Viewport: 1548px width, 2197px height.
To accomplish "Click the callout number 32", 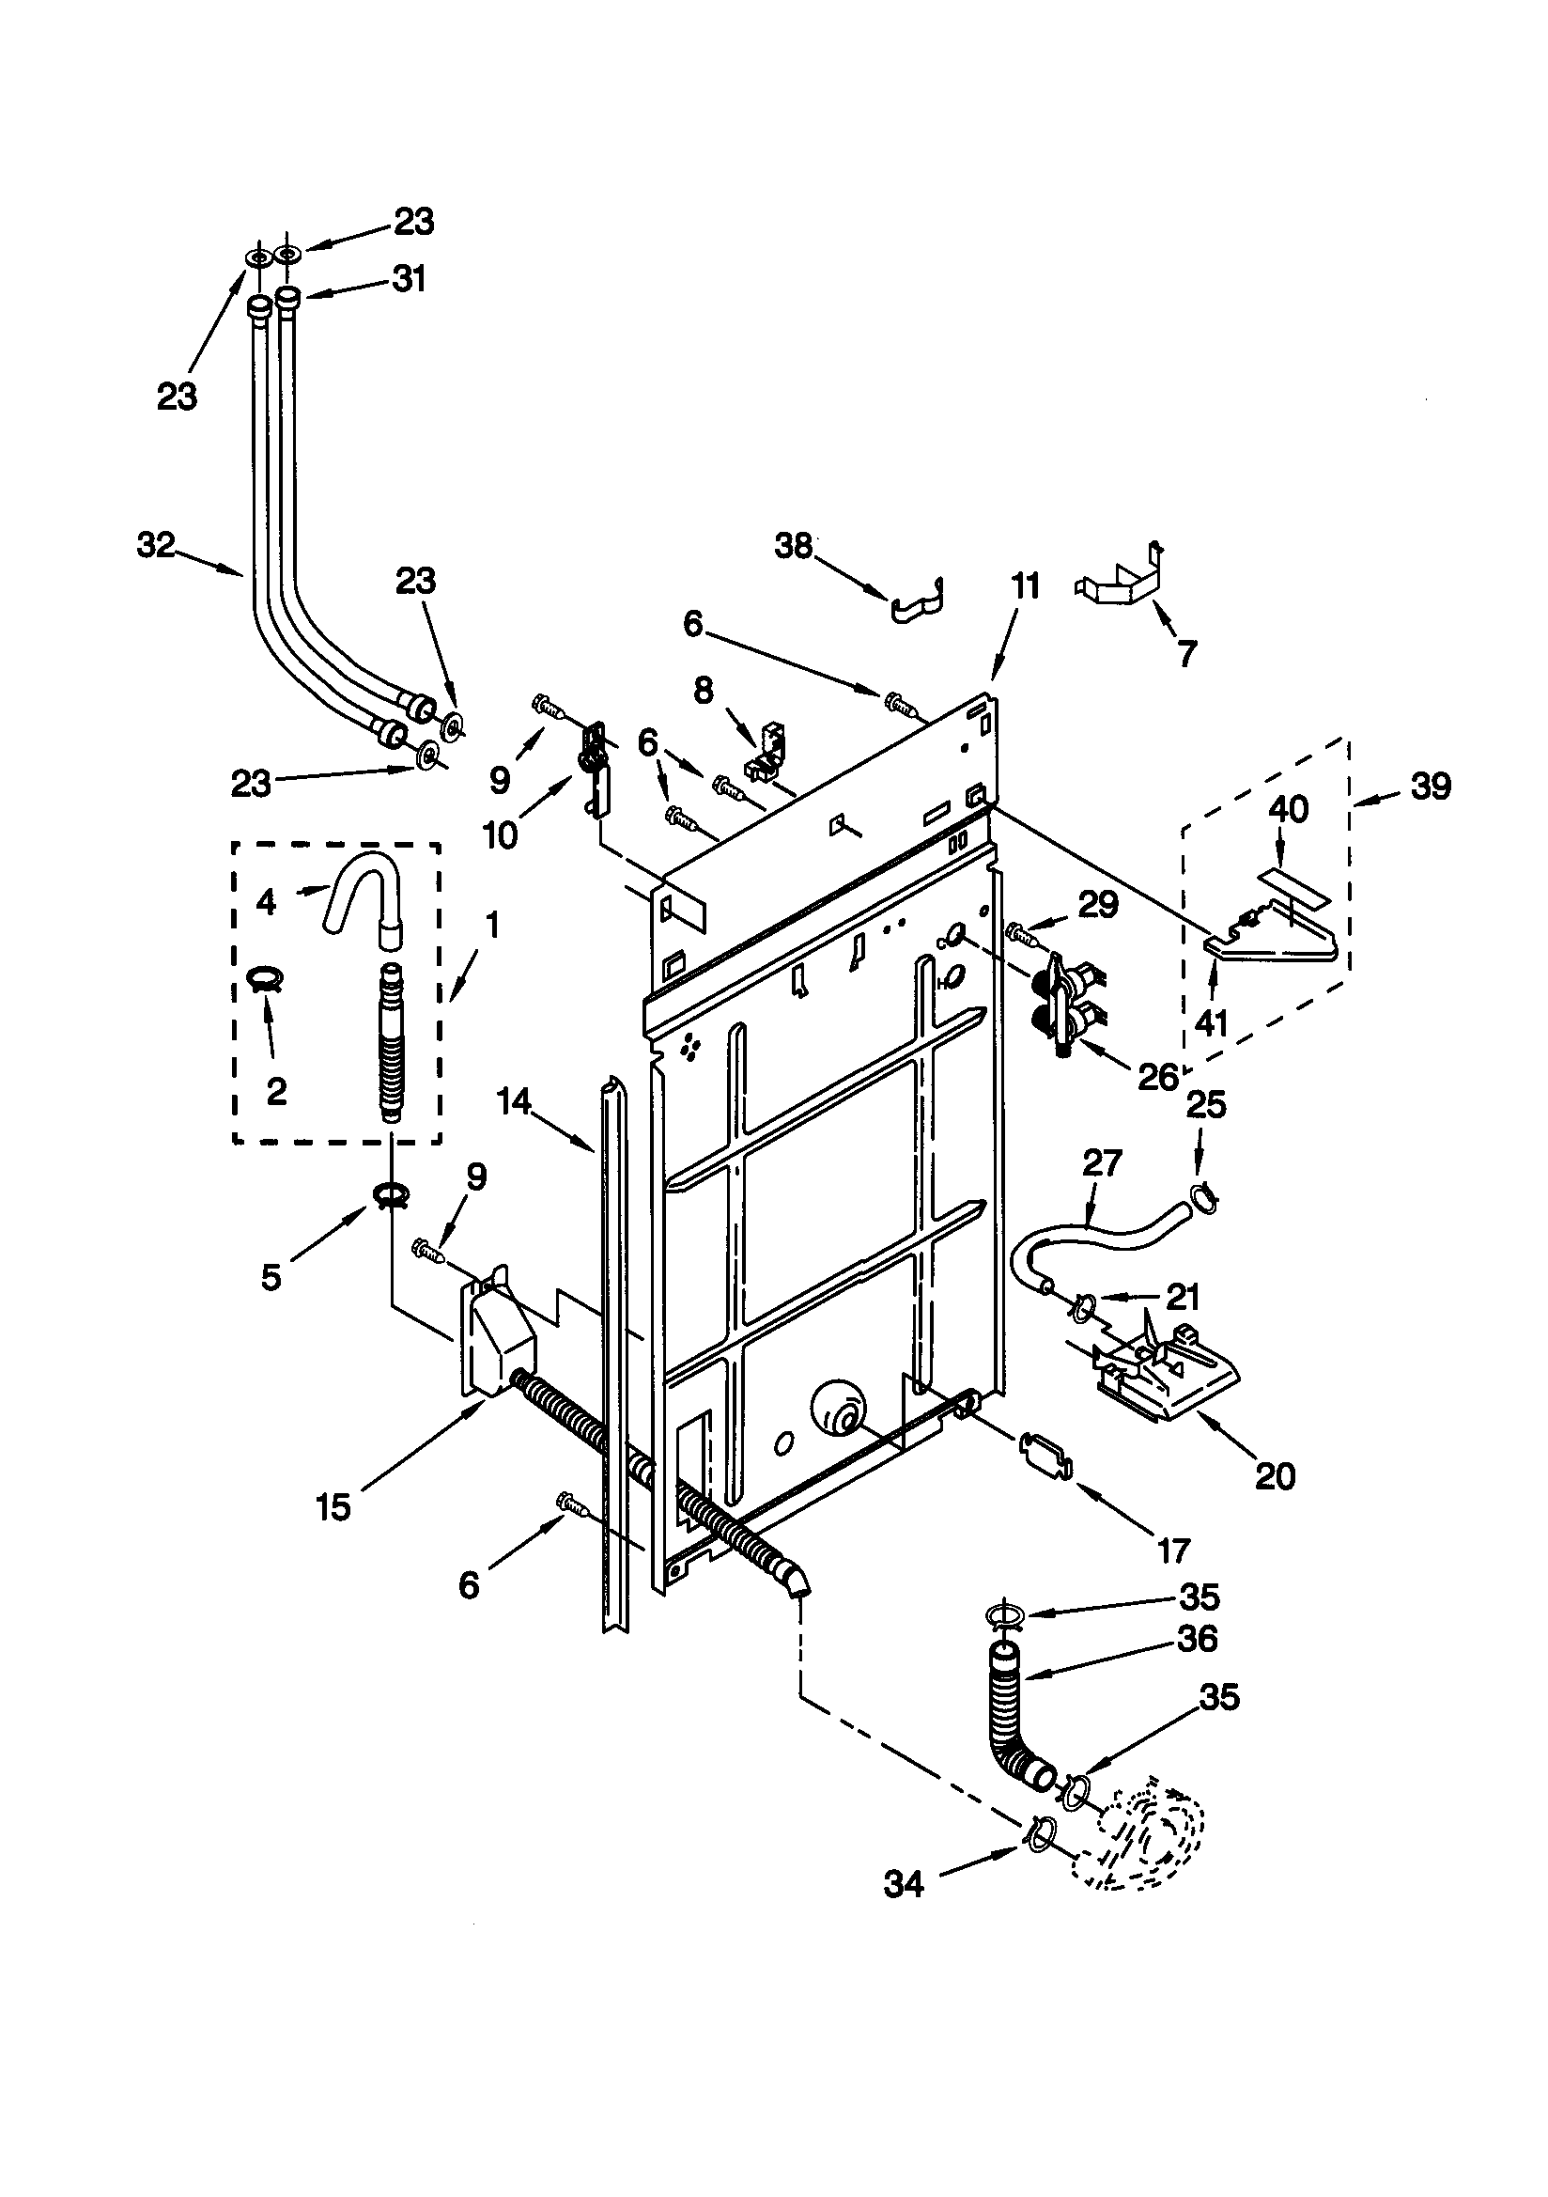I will (x=156, y=545).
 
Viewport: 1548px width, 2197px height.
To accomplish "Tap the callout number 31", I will (x=409, y=279).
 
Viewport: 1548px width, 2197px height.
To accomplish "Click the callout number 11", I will (x=1025, y=585).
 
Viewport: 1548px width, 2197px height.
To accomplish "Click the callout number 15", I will (x=333, y=1507).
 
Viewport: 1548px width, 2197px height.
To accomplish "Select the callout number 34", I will (x=904, y=1884).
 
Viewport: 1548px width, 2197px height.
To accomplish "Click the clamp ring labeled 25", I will (x=1202, y=1196).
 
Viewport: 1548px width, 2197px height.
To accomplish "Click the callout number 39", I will (x=1431, y=786).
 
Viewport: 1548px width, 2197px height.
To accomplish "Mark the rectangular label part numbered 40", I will (x=1291, y=887).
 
